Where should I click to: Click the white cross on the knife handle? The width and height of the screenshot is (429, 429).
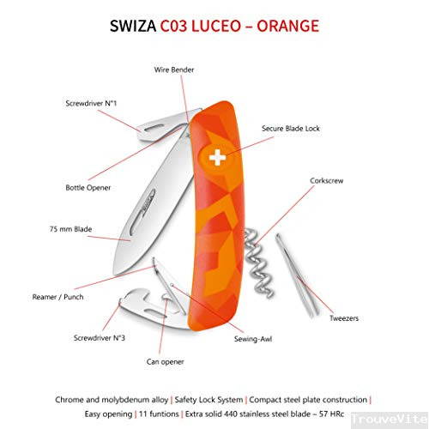tap(217, 157)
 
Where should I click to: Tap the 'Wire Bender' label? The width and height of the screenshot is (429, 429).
tap(174, 69)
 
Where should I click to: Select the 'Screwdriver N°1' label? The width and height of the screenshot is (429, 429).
tap(91, 103)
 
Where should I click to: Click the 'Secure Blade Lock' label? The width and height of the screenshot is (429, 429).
tap(291, 129)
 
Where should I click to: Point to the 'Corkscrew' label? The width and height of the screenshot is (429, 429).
tap(327, 181)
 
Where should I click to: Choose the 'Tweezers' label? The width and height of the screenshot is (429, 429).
tap(344, 318)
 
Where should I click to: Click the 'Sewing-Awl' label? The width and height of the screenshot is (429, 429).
tap(253, 339)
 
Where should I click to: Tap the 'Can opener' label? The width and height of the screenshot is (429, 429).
tap(165, 362)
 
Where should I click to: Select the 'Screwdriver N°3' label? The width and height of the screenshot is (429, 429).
tap(100, 338)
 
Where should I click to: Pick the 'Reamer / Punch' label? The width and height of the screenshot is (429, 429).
tap(57, 297)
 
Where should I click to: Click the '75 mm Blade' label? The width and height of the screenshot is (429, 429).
tap(70, 229)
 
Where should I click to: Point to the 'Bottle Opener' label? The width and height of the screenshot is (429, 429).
tap(88, 188)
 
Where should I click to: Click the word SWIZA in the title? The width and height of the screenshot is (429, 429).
tap(133, 26)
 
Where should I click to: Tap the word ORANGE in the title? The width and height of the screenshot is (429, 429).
tap(287, 26)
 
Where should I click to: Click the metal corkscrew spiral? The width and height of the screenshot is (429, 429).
tap(257, 263)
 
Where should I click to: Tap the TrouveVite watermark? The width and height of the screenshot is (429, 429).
tap(390, 420)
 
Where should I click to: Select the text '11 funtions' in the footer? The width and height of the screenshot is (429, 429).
tap(159, 414)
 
